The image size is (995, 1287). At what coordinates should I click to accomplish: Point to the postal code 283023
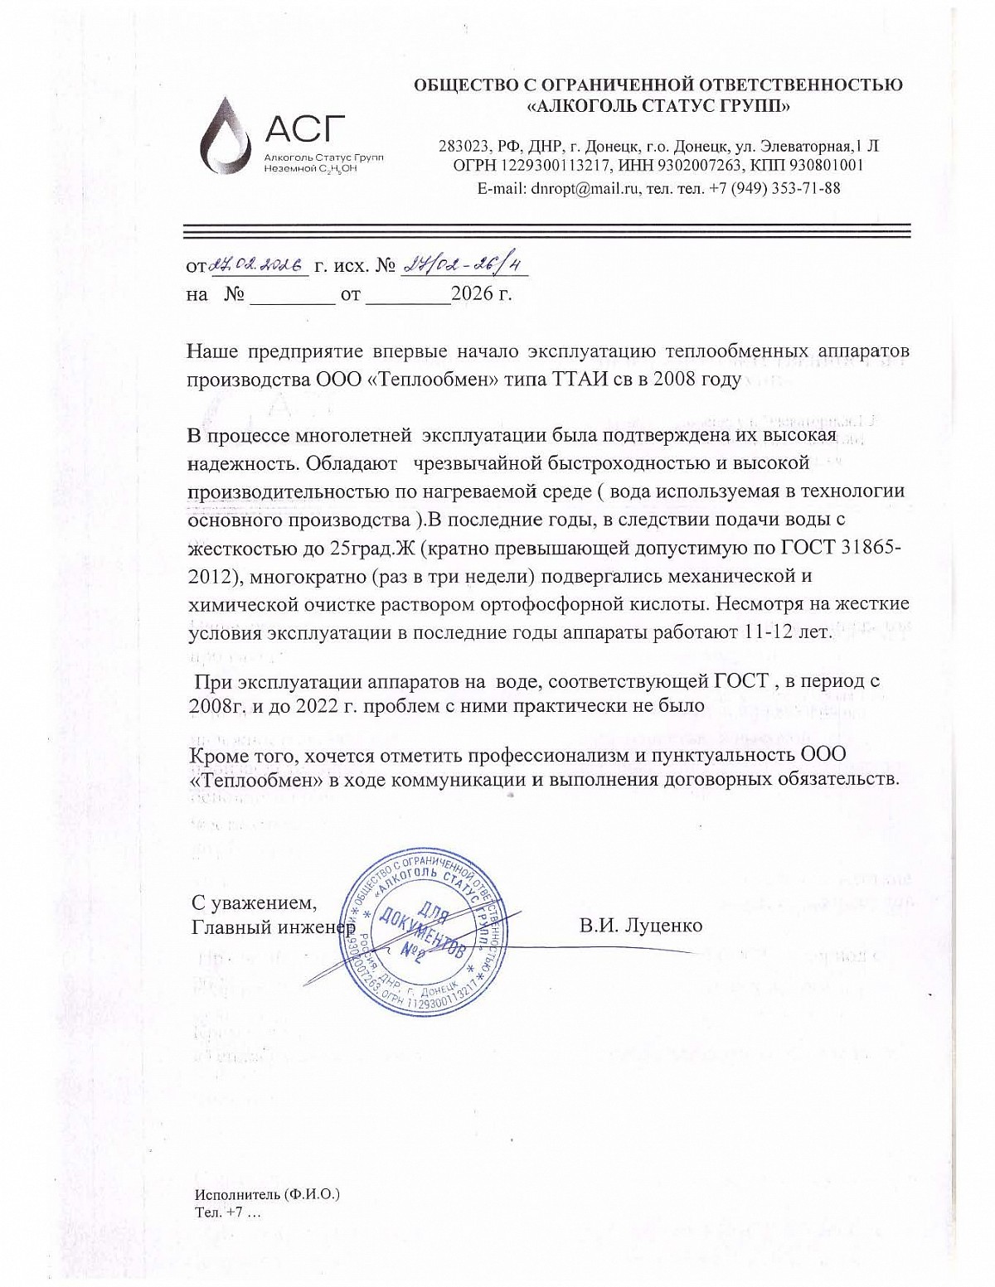point(466,146)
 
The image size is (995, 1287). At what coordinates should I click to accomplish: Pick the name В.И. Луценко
point(640,925)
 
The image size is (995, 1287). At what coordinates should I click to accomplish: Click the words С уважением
point(254,901)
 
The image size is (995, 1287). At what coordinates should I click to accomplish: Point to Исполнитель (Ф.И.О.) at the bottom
point(267,1195)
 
